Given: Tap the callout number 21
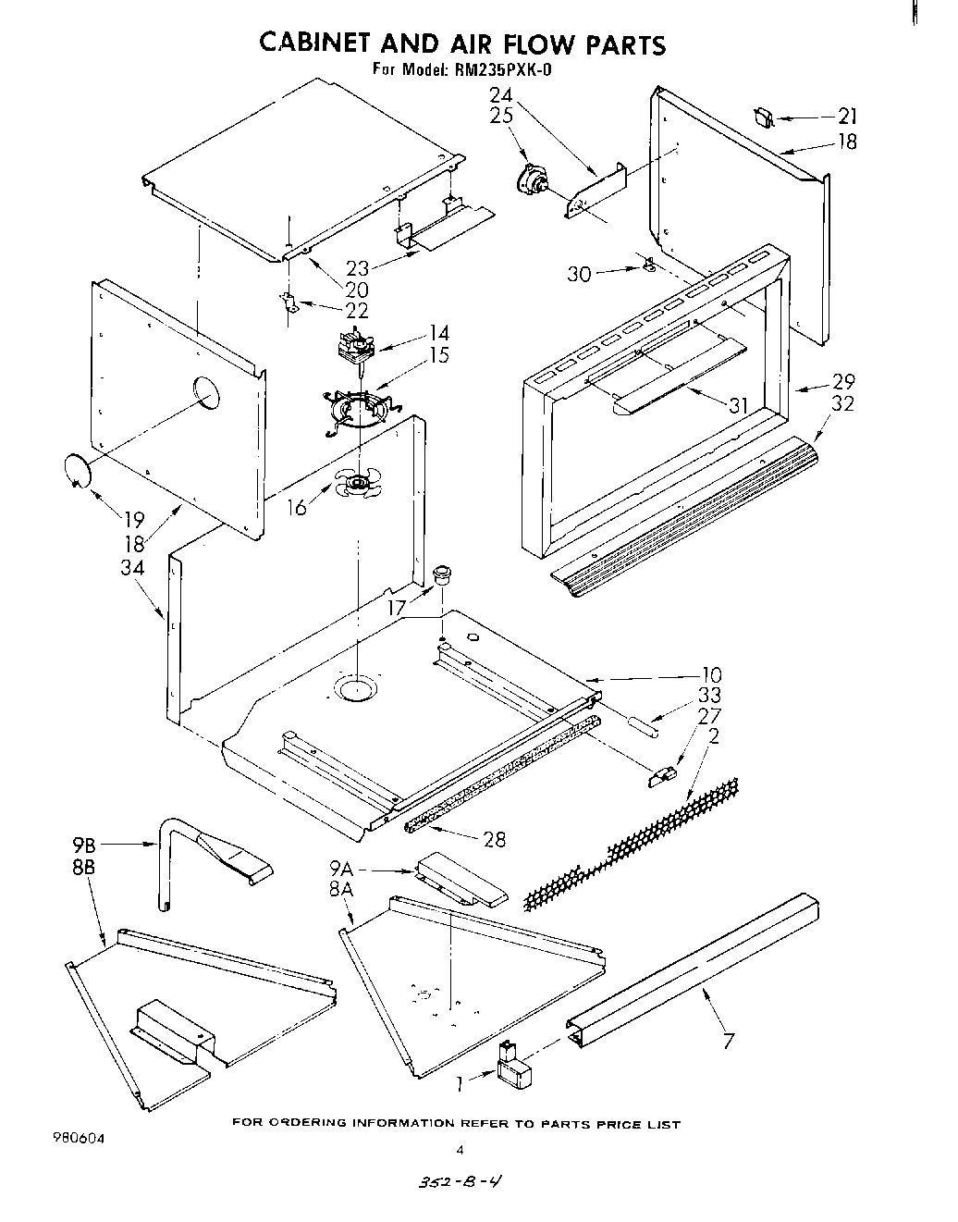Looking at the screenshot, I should pos(846,117).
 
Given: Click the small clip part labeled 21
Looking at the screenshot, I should pos(764,117).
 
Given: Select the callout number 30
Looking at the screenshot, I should pos(579,275).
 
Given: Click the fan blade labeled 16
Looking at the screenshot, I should pos(357,484).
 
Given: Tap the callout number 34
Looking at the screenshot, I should pos(132,567).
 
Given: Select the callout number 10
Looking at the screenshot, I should pos(711,675).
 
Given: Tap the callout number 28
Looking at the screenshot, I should pos(495,838).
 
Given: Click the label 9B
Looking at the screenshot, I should pos(84,844).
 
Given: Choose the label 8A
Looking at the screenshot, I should pos(341,889).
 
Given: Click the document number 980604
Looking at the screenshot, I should pos(80,1139).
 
